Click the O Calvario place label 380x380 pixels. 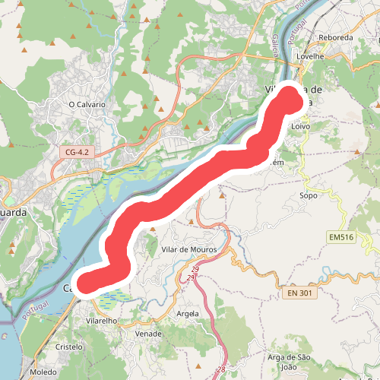tap(87, 104)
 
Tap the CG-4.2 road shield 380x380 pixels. tap(77, 153)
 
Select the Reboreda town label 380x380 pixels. tap(336, 37)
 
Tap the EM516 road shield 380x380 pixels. tap(342, 238)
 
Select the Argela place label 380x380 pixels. tap(187, 313)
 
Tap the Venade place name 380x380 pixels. tap(148, 334)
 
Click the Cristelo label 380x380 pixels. tap(69, 346)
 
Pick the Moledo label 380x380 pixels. tap(43, 373)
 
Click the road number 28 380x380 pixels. tap(220, 369)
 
